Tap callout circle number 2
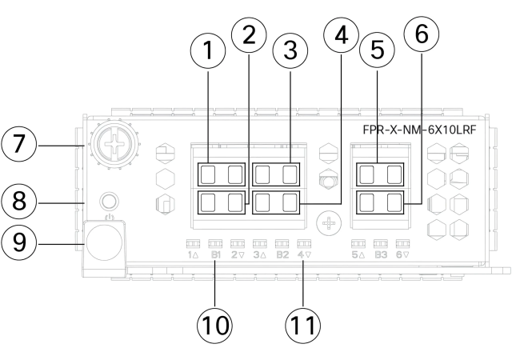point(250,34)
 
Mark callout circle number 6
point(423,35)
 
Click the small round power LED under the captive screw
point(104,201)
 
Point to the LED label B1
point(214,255)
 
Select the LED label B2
point(282,255)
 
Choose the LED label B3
point(381,255)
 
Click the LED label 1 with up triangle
point(192,255)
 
